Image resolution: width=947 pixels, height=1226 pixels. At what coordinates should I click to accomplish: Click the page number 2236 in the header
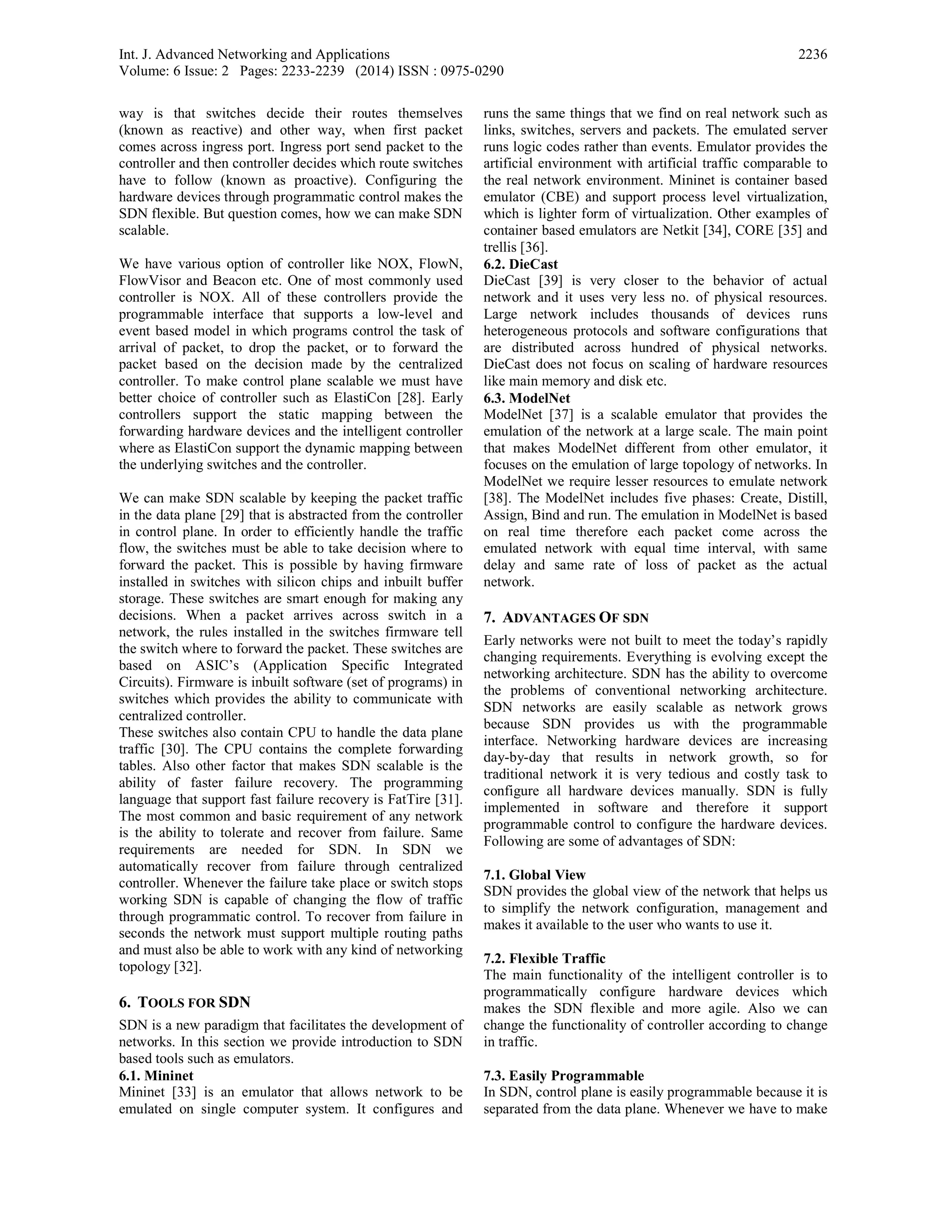click(x=812, y=55)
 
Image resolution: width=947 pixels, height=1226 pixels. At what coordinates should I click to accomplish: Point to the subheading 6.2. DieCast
click(x=521, y=264)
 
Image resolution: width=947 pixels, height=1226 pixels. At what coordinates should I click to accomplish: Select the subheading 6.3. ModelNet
click(x=527, y=398)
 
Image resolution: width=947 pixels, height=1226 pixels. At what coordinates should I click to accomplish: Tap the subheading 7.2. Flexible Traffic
click(x=544, y=958)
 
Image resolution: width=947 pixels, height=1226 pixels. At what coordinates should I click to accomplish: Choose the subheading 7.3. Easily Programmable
click(x=563, y=1076)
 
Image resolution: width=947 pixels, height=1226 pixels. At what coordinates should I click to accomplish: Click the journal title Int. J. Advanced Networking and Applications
click(x=254, y=55)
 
